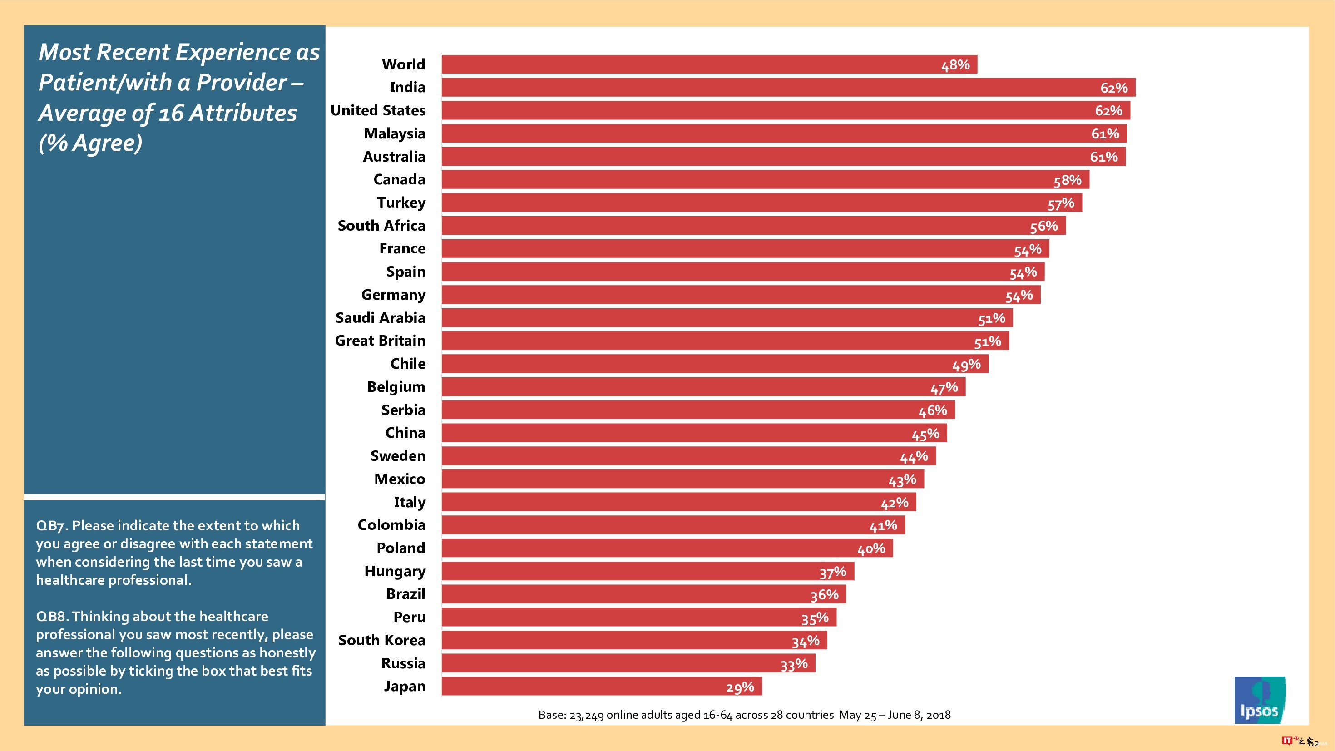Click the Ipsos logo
1259,699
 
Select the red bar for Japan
601,686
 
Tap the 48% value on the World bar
955,65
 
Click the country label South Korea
381,640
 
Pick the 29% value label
740,687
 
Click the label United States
378,110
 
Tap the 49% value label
966,365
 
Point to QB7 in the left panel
51,525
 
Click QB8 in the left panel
51,616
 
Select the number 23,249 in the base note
586,715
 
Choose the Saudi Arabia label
380,318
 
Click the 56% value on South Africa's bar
1043,227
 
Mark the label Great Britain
380,341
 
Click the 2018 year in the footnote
939,715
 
